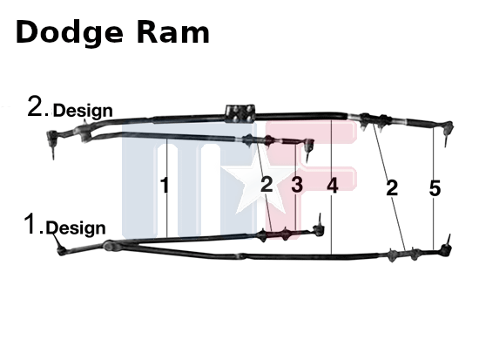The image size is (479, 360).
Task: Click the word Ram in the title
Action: click(x=173, y=31)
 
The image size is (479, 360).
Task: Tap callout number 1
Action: click(x=165, y=185)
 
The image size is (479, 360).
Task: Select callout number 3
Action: click(x=297, y=185)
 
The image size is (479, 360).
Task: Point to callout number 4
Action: click(x=333, y=186)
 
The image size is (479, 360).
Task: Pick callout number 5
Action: click(x=435, y=188)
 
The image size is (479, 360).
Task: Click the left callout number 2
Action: click(x=266, y=185)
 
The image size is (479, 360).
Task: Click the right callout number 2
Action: click(x=392, y=187)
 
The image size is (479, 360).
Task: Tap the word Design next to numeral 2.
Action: click(x=83, y=111)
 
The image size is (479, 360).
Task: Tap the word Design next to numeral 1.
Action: click(x=76, y=228)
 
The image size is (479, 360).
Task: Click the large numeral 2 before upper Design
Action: click(x=36, y=105)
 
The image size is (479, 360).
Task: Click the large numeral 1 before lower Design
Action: click(x=30, y=224)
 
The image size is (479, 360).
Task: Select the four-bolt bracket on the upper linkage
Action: click(x=240, y=113)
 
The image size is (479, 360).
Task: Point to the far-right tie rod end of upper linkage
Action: click(x=447, y=131)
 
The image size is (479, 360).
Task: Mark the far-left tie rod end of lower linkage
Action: click(x=60, y=246)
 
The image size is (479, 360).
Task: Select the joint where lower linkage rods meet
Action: click(x=110, y=246)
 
